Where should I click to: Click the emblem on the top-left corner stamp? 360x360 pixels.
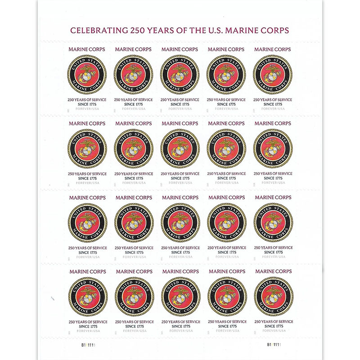click(x=87, y=74)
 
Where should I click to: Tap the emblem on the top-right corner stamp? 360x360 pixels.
click(x=272, y=74)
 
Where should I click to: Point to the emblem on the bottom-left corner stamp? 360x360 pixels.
click(x=88, y=297)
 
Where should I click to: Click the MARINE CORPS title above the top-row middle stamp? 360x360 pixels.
click(x=180, y=49)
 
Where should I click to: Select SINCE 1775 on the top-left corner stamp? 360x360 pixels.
click(x=87, y=104)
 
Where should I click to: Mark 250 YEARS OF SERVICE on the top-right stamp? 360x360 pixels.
click(x=272, y=99)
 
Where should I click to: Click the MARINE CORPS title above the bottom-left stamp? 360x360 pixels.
click(x=88, y=271)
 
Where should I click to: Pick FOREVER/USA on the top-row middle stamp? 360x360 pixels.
click(x=180, y=109)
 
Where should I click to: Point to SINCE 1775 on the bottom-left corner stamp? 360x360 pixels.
click(x=88, y=326)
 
